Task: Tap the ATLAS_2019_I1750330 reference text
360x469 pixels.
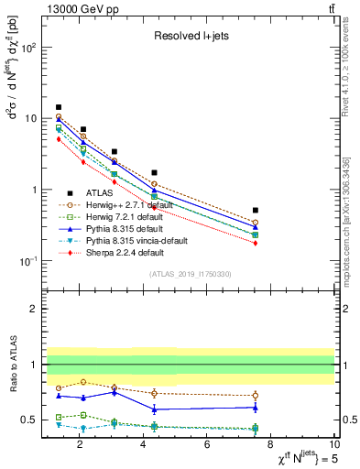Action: [x=190, y=274]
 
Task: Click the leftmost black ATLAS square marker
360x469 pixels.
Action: [x=59, y=107]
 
